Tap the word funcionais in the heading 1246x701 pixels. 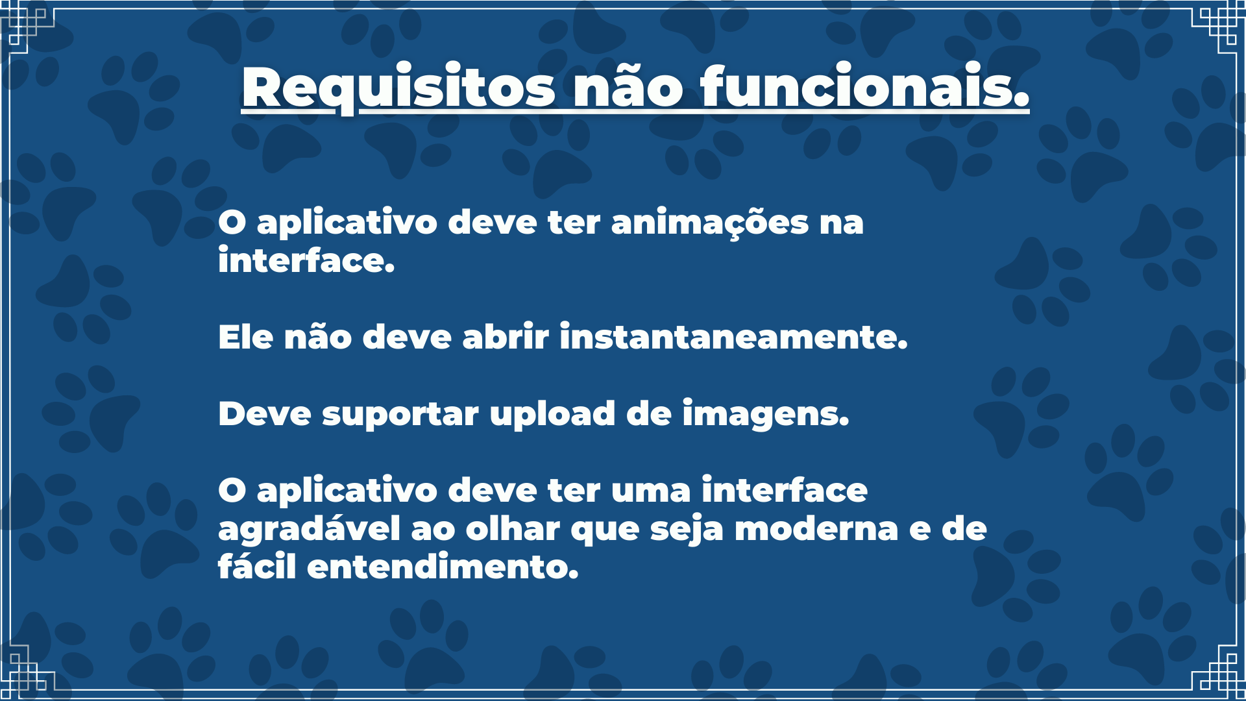(x=864, y=88)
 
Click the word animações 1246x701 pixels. (x=709, y=223)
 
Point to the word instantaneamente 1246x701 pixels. (x=733, y=337)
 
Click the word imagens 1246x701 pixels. (x=765, y=415)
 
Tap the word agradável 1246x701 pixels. (x=309, y=529)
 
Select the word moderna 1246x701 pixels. (x=816, y=529)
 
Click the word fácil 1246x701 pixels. (x=257, y=567)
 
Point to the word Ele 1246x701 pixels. (x=245, y=337)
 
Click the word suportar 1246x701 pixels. (x=400, y=415)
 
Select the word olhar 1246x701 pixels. (x=512, y=529)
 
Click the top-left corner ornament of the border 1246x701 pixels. (x=26, y=26)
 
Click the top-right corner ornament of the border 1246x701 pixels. (x=1219, y=26)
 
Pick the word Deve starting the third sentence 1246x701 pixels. (x=264, y=413)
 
